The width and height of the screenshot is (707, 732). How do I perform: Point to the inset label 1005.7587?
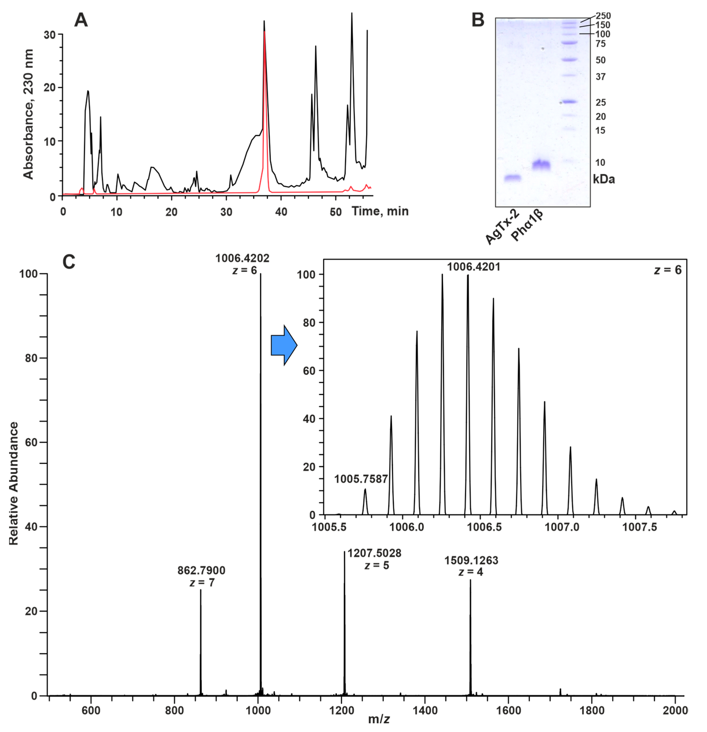point(361,479)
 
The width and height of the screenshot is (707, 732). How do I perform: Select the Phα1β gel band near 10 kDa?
point(541,164)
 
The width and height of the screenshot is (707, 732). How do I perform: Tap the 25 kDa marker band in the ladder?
point(570,102)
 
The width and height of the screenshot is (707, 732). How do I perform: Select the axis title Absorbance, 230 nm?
point(28,114)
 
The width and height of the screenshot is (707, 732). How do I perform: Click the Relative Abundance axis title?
point(14,484)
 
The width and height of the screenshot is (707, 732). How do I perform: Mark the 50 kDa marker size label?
point(600,60)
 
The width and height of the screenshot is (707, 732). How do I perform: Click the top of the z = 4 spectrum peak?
point(470,580)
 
